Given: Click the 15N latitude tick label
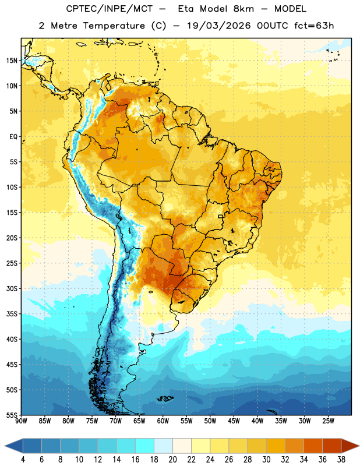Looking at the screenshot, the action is (12, 61).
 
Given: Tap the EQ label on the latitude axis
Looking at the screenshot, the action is (13, 137).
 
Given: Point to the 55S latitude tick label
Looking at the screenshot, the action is (12, 415).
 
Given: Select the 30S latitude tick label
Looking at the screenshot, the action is (12, 288).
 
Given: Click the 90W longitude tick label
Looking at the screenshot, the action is (21, 421).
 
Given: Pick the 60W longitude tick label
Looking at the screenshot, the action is (163, 421).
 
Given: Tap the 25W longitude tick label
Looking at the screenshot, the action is (328, 421).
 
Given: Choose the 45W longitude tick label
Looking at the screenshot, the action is (234, 421).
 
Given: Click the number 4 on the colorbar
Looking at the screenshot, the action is (23, 460).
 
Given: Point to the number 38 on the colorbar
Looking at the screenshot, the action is (341, 460).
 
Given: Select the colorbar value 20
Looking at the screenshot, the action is (172, 460).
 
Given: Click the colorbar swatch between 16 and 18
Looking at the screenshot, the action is (145, 446).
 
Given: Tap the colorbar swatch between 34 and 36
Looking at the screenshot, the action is (313, 446).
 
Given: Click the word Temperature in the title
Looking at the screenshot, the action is (114, 26).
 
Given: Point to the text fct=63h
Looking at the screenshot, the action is (314, 26).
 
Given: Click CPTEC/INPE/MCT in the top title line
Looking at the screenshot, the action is (109, 9).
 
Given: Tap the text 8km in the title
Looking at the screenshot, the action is (243, 9).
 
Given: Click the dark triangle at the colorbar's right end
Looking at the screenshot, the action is (350, 446).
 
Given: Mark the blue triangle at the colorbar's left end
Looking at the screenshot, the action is (14, 446).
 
